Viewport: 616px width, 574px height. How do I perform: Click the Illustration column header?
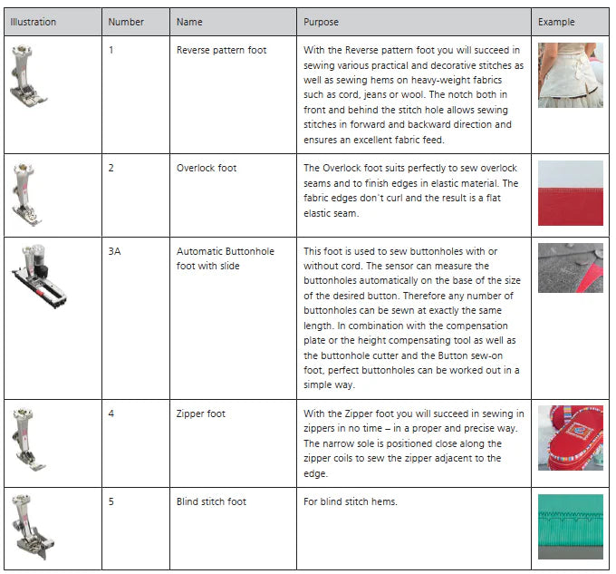34,22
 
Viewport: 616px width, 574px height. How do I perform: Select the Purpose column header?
321,22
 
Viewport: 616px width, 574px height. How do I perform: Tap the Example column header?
556,22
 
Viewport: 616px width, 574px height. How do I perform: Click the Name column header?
189,22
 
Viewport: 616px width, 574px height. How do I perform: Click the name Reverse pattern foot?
221,50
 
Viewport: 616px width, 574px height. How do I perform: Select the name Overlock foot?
207,168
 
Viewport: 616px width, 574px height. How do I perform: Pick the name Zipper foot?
201,413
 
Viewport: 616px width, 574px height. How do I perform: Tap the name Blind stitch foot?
211,501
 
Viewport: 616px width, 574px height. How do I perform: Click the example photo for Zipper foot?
570,437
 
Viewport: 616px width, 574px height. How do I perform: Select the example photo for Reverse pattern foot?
570,75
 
